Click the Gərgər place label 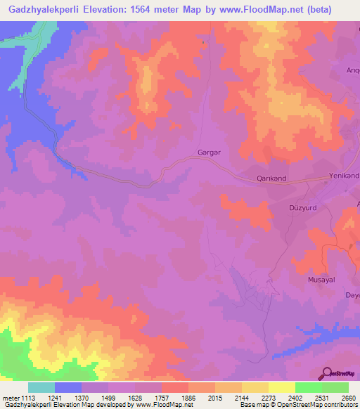click(x=205, y=152)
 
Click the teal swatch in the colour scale click(x=41, y=387)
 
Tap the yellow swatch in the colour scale click(x=281, y=387)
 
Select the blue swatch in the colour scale click(x=68, y=387)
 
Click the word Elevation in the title click(x=117, y=9)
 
